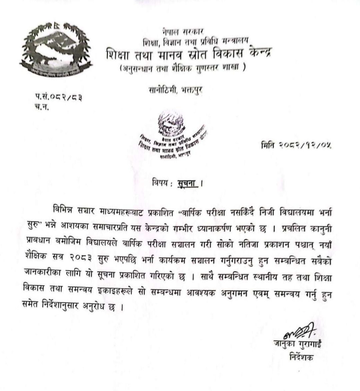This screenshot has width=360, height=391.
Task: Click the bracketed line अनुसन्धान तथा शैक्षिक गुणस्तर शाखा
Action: (183, 68)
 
